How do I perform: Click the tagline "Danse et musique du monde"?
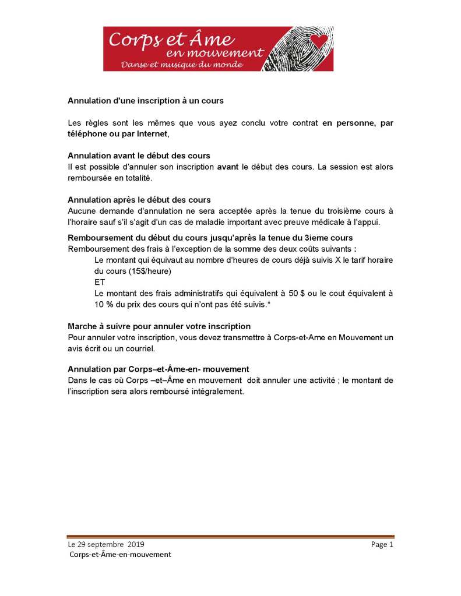pos(181,64)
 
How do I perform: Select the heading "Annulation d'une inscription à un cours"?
pos(146,101)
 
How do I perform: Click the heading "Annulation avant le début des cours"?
pos(139,156)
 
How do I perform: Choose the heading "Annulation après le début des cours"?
pos(139,200)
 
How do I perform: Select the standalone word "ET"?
pos(100,282)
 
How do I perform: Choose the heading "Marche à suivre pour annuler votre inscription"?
pos(159,326)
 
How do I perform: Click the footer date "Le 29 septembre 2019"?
pos(107,544)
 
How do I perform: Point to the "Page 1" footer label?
pos(382,544)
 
